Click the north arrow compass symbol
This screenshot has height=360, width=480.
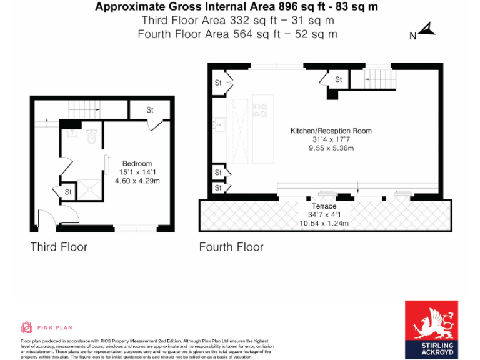(426, 29)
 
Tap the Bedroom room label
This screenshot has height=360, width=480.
(137, 164)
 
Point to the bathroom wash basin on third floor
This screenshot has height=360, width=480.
(72, 134)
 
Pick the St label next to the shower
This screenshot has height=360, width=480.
(68, 192)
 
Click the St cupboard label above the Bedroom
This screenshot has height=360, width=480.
(150, 110)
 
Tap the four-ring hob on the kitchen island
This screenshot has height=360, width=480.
(260, 110)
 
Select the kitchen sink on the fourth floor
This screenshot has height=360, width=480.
(219, 125)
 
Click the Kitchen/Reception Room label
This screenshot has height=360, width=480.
(331, 131)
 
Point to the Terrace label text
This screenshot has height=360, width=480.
(324, 206)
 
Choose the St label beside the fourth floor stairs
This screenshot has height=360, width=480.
(338, 79)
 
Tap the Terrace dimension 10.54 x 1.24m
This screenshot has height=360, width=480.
(324, 223)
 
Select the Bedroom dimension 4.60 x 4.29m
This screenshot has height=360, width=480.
(137, 181)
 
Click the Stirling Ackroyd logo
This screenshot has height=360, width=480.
(431, 329)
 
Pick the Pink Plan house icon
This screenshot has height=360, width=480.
(27, 327)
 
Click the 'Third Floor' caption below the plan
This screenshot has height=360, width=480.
(59, 247)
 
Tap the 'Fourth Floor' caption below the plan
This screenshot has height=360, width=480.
(231, 247)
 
